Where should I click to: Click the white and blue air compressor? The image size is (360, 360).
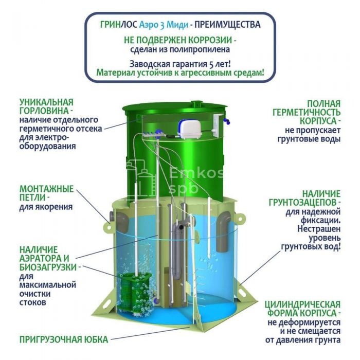pyautogui.click(x=189, y=130)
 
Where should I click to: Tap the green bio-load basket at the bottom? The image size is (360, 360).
pyautogui.click(x=134, y=294)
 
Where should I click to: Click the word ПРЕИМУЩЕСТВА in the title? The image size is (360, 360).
pyautogui.click(x=227, y=25)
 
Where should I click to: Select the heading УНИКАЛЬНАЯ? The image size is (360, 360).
pyautogui.click(x=46, y=102)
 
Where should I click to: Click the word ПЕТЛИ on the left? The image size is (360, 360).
pyautogui.click(x=32, y=197)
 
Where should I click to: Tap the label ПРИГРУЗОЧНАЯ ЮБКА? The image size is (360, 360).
pyautogui.click(x=64, y=339)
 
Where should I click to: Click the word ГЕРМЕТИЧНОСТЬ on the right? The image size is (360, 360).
pyautogui.click(x=307, y=113)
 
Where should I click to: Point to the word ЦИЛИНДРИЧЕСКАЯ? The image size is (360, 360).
pyautogui.click(x=302, y=304)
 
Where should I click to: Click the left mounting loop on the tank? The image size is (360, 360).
pyautogui.click(x=108, y=226)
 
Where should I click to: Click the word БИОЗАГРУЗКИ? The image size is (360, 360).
pyautogui.click(x=48, y=267)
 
